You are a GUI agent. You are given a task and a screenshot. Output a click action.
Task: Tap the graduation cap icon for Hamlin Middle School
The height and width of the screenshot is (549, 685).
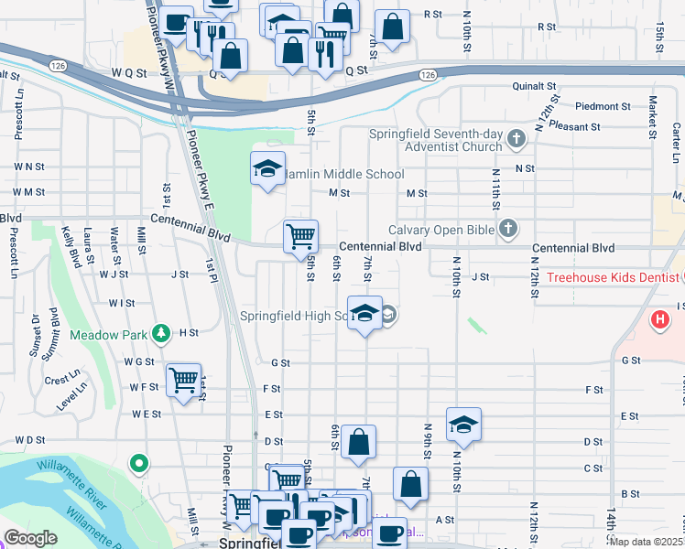pyautogui.click(x=267, y=168)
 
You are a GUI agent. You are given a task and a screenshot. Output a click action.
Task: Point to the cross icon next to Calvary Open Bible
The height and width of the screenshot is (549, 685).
pyautogui.click(x=508, y=230)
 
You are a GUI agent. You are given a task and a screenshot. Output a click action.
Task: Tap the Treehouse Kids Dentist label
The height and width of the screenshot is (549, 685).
pyautogui.click(x=611, y=277)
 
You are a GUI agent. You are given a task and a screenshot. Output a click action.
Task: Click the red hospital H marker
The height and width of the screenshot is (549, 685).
pyautogui.click(x=659, y=320)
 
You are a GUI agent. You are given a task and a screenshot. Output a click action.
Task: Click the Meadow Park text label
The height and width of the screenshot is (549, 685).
pyautogui.click(x=108, y=335)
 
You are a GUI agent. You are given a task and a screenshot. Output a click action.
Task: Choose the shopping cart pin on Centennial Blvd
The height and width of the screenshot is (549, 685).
pyautogui.click(x=300, y=237)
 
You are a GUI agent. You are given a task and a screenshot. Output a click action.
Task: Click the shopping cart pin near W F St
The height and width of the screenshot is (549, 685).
pyautogui.click(x=184, y=380)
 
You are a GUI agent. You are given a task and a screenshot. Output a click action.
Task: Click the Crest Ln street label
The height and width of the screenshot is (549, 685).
pyautogui.click(x=61, y=380)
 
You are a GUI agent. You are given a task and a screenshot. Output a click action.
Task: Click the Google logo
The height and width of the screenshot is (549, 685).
pyautogui.click(x=31, y=537)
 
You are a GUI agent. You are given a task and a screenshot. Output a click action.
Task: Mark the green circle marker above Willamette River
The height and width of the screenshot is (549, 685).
pyautogui.click(x=139, y=465)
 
